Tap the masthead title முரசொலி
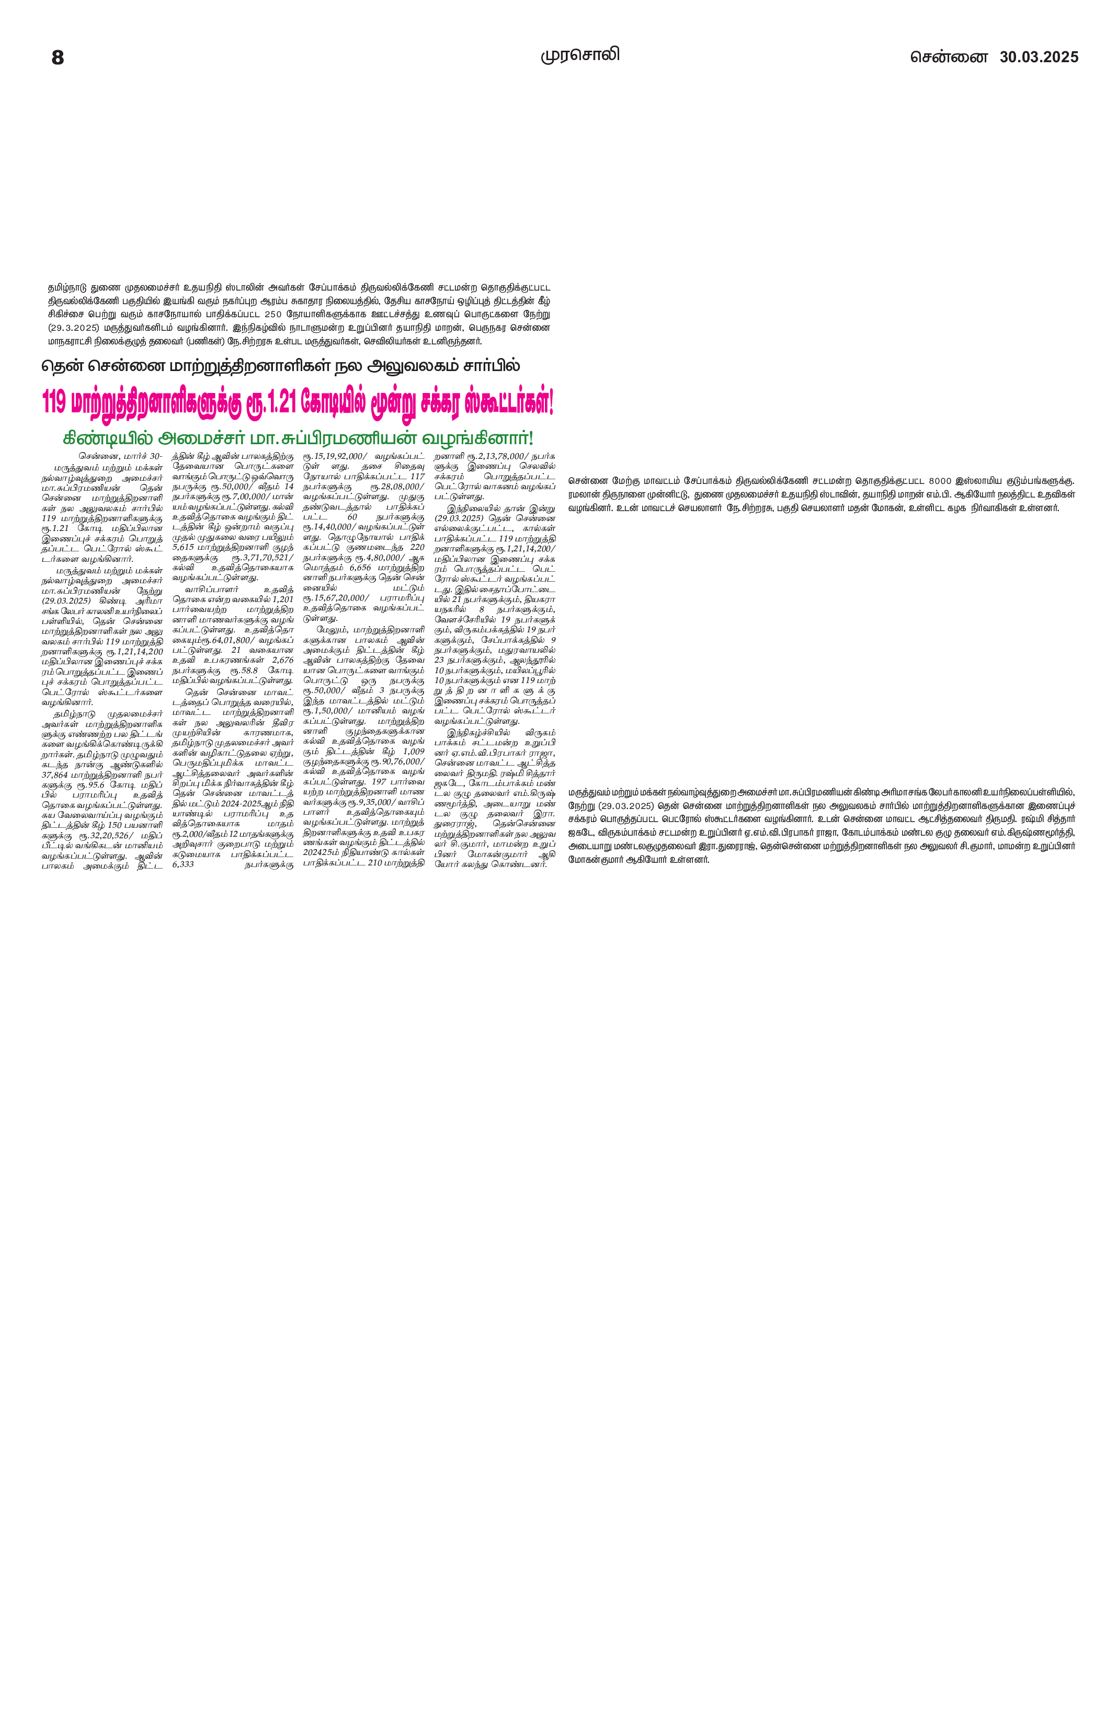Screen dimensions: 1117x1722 pos(580,55)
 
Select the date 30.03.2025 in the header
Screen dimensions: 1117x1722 pos(1039,57)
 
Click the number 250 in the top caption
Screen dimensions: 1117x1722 pos(273,314)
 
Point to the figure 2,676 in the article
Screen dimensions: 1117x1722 pos(282,660)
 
